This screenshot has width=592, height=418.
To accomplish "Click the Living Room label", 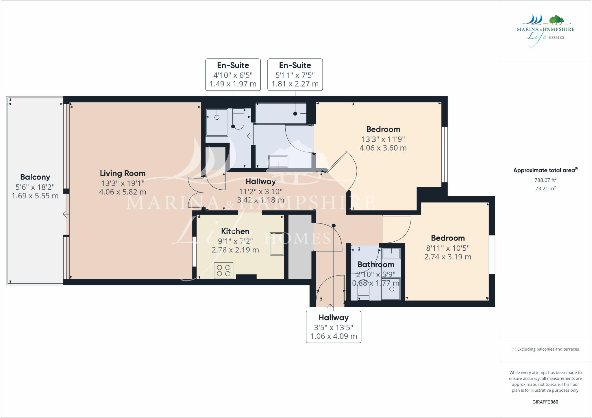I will tap(123, 173).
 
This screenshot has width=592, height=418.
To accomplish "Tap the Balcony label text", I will tap(35, 177).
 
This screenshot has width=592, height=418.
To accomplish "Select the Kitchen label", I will tap(235, 231).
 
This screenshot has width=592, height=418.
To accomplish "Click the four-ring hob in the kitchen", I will tap(223, 271).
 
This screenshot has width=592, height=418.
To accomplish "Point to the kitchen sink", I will tap(277, 244).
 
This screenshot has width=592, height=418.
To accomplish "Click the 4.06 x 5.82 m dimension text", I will tap(123, 192).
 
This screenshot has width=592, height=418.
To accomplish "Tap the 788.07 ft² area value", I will tap(545, 180).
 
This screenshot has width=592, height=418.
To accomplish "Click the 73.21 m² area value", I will tap(545, 188).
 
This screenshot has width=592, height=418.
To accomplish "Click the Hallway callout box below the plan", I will tap(333, 327).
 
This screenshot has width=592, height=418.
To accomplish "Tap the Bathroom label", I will tap(375, 265).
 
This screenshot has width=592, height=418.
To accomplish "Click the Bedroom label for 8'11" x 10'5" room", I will tap(447, 238).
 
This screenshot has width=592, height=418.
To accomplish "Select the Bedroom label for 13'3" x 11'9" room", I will tap(383, 129).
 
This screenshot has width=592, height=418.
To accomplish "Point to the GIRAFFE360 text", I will tap(545, 402).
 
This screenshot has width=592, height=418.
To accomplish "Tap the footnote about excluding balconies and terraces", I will tap(545, 349).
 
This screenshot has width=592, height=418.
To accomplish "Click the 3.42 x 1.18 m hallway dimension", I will tap(260, 200).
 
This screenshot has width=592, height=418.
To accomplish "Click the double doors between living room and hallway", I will tap(195, 192).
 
